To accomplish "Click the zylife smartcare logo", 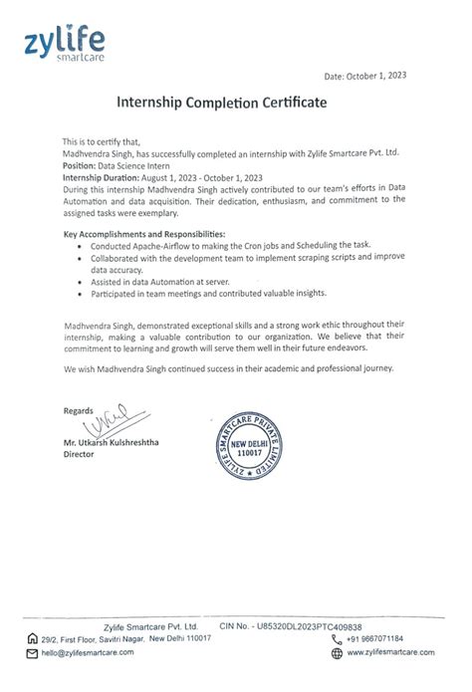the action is pyautogui.click(x=65, y=46).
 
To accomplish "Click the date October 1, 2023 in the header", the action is pyautogui.click(x=365, y=76).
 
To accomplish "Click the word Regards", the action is pyautogui.click(x=78, y=410).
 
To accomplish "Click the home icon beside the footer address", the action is pyautogui.click(x=34, y=638).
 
